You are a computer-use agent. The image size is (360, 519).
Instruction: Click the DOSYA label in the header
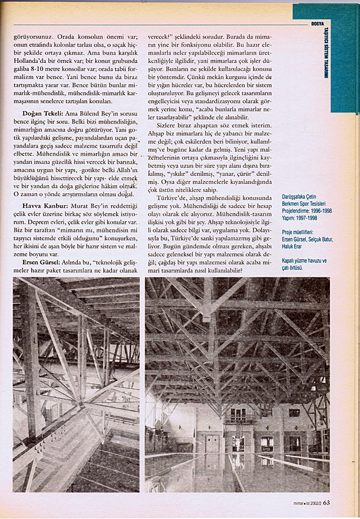[x=317, y=24]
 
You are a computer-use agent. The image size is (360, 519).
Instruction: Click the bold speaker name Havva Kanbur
[x=43, y=205]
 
